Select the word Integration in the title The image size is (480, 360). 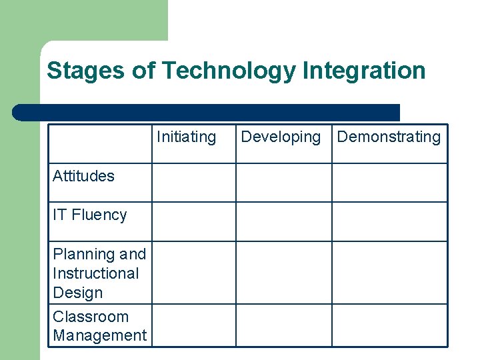coord(364,70)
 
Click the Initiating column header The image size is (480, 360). coord(187,137)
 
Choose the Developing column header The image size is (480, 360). coord(281,137)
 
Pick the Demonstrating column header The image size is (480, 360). coord(389,137)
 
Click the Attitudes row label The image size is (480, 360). coord(83,176)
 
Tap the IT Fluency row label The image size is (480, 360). coord(89,215)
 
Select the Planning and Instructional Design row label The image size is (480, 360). coord(99,273)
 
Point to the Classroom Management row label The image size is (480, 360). coord(99,326)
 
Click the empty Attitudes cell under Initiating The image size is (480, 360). coord(195,183)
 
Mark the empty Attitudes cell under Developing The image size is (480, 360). coord(284,183)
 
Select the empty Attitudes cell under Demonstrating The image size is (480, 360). coord(389,183)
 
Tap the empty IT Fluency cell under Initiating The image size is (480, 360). coord(195,221)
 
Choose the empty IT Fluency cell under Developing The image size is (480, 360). coord(284,221)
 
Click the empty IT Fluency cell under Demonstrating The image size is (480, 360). coord(389,221)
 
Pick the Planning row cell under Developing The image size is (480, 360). coord(284,273)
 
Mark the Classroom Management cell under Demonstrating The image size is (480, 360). coord(389,325)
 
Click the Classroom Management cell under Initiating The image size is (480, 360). coord(195,325)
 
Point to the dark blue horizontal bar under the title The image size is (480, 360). coord(206,112)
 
